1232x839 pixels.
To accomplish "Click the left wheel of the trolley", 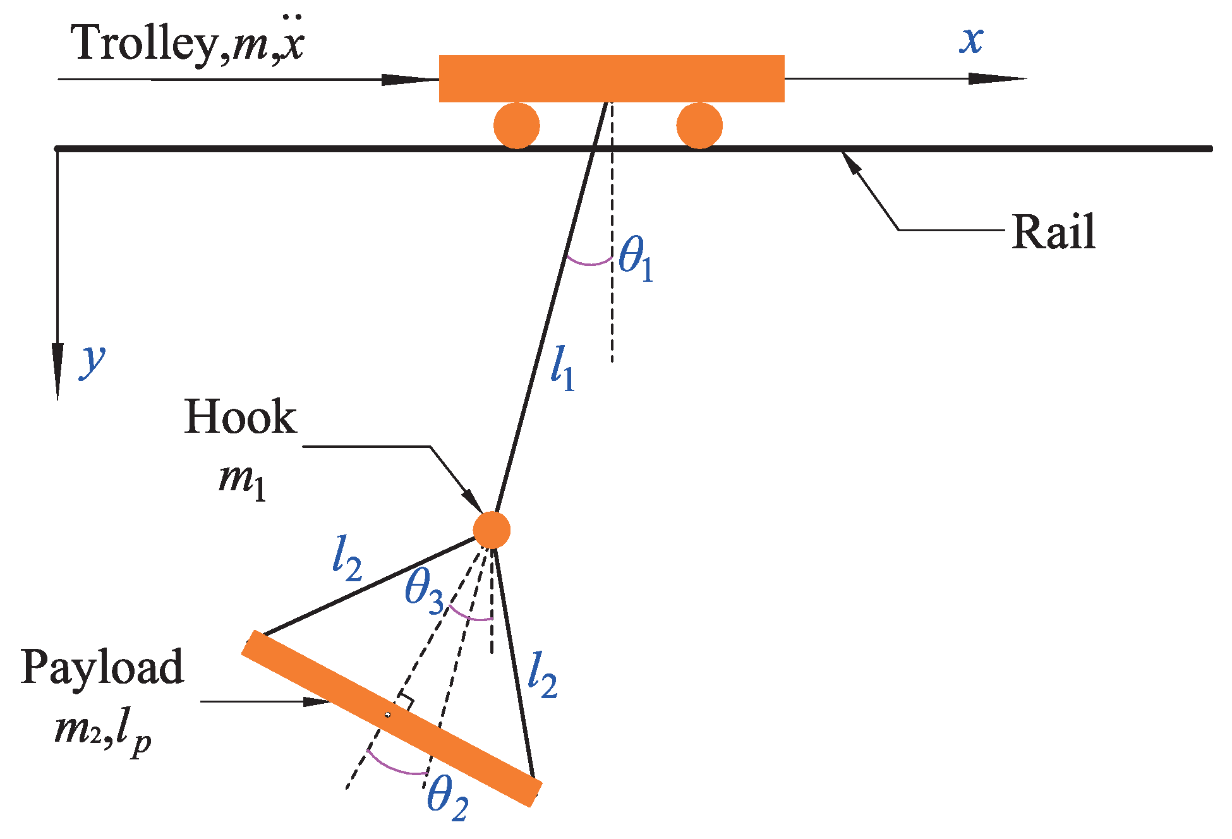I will point(517,126).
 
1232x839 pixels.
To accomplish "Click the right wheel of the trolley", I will point(699,126).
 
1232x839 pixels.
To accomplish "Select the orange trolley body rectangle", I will point(612,78).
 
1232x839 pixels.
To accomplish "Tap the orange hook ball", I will point(492,530).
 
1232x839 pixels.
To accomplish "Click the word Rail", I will point(1053,232).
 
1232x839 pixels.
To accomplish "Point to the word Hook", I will point(240,418).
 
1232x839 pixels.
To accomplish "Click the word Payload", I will point(102,667).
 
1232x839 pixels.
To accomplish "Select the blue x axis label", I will point(972,41).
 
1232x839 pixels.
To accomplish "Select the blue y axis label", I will point(93,361).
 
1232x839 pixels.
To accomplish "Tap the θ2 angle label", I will point(447,797).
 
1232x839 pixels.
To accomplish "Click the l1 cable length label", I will point(562,368).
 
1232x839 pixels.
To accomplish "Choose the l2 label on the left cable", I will point(347,558).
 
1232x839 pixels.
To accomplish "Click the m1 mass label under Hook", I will point(243,480).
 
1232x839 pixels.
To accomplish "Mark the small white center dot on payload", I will point(388,715).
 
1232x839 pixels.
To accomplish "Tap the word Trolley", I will point(145,43).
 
